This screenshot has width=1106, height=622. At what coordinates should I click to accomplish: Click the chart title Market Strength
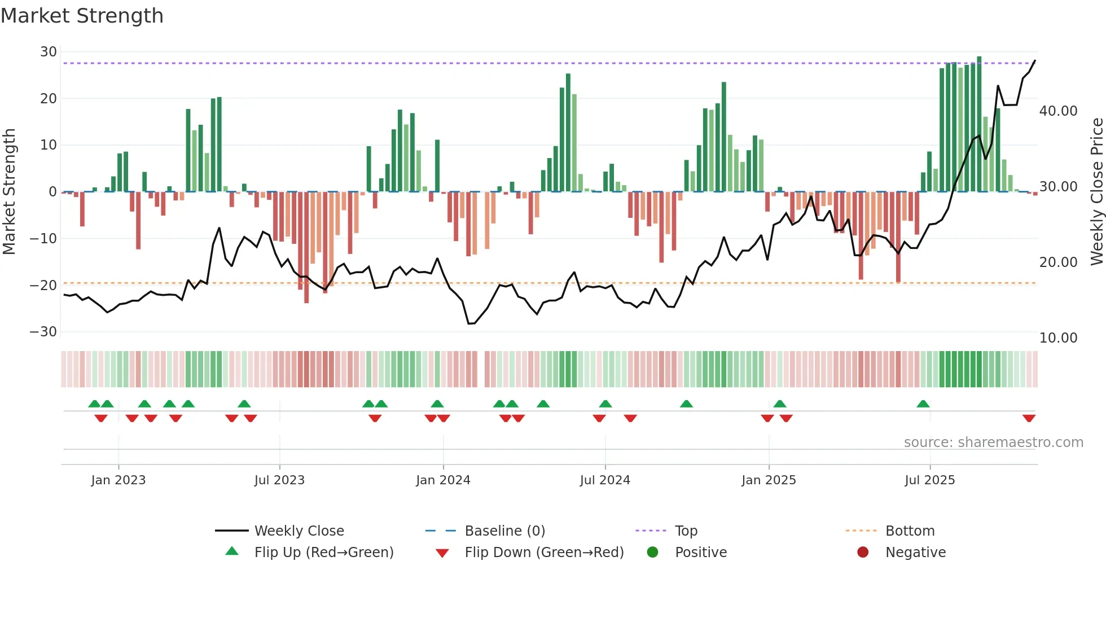(x=82, y=16)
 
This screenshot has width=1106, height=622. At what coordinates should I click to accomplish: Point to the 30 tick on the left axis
(x=49, y=52)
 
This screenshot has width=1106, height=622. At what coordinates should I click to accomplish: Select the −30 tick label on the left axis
(x=43, y=332)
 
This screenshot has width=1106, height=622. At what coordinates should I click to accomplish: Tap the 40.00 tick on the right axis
(x=1058, y=111)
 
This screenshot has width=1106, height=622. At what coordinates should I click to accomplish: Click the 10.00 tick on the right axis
(x=1058, y=338)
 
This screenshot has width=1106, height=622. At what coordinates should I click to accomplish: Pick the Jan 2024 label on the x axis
(x=443, y=480)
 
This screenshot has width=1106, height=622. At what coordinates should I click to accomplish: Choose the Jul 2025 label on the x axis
(x=929, y=480)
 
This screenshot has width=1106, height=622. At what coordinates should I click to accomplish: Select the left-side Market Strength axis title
(x=9, y=192)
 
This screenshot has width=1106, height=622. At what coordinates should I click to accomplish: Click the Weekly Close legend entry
(x=299, y=531)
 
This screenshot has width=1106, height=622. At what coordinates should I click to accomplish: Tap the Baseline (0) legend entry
(x=504, y=531)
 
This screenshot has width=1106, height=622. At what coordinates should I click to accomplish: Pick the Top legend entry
(x=686, y=531)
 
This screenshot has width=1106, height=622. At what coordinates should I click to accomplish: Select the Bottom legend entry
(x=910, y=531)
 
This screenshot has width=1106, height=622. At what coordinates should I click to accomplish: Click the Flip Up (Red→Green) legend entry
(x=323, y=553)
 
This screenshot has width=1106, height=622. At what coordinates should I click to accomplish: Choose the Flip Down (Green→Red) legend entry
(x=544, y=553)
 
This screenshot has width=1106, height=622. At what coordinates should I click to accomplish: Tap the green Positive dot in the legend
(x=652, y=553)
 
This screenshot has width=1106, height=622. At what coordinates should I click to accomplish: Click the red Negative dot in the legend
(x=863, y=553)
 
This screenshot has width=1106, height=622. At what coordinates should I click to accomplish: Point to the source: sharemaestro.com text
(x=993, y=443)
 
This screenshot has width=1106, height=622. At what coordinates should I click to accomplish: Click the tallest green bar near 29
(x=979, y=124)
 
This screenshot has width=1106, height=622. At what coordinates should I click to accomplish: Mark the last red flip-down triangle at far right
(x=1029, y=418)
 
